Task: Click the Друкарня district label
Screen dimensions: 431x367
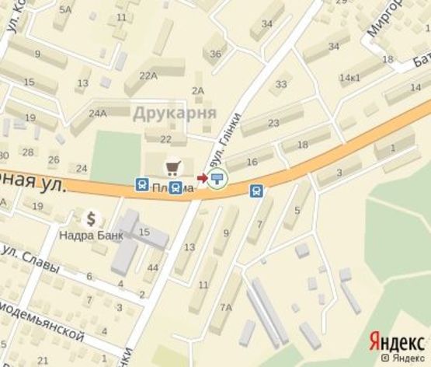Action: pos(174,113)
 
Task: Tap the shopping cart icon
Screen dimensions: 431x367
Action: pos(172,166)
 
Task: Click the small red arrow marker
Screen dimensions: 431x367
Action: pos(203,179)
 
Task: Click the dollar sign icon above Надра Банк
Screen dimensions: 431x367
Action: pos(92,218)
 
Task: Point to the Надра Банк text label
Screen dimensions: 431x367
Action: pos(90,232)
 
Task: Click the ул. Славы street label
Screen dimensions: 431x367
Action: pos(31,259)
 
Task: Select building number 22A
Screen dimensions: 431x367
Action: pos(148,75)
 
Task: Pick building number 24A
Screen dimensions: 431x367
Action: pos(98,114)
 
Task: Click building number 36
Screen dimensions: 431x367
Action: pos(215,54)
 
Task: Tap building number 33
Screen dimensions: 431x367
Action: pos(281,84)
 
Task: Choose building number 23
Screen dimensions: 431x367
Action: pos(273,123)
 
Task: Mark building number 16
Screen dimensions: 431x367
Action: pos(251,161)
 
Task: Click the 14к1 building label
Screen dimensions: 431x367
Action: pos(350,78)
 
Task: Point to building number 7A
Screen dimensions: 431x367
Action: pos(225,308)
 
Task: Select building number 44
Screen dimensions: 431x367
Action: pos(152,268)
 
